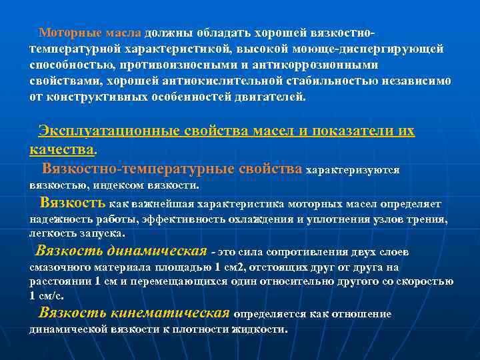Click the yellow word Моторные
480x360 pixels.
pos(68,33)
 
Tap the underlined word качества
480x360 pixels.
pos(63,147)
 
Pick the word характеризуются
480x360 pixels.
pos(352,170)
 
